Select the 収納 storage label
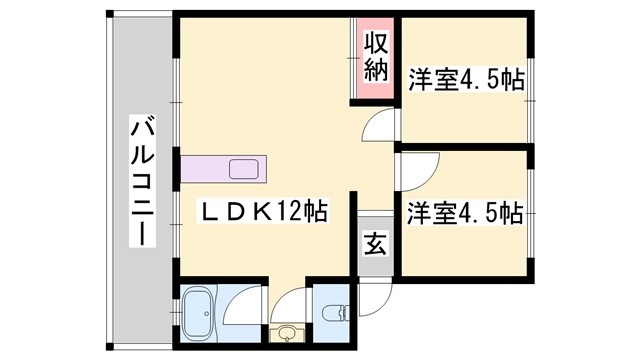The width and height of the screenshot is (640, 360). [375, 57]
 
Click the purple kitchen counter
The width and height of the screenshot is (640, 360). [223, 168]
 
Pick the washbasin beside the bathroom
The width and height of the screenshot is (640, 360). [286, 333]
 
